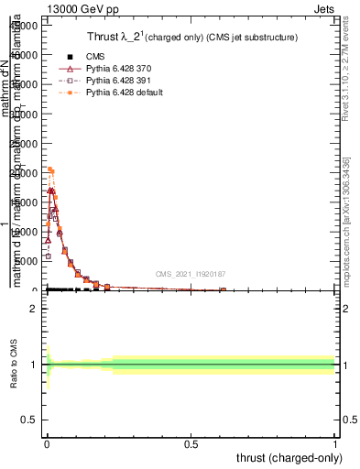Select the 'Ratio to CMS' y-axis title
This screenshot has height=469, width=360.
[x=15, y=365]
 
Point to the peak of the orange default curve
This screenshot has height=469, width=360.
[x=49, y=169]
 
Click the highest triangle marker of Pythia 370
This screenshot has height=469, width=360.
[x=51, y=191]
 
